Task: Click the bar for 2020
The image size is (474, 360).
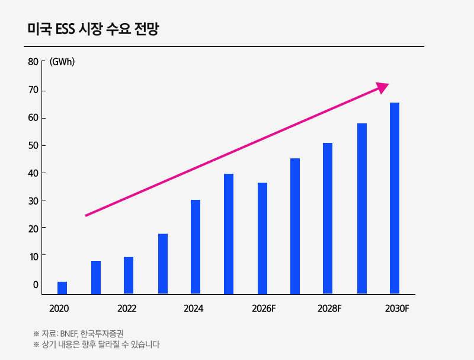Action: [x=62, y=288]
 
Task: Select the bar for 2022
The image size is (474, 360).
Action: [x=129, y=275]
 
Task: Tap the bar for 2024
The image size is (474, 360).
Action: [x=196, y=247]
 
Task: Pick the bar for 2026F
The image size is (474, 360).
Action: [x=262, y=238]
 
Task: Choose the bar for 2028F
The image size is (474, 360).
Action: [x=328, y=218]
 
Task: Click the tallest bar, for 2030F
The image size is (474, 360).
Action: [x=395, y=198]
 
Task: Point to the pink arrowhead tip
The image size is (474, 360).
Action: [x=387, y=85]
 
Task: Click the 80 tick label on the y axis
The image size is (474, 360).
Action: [x=33, y=62]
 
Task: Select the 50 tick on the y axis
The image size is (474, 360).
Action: [x=33, y=145]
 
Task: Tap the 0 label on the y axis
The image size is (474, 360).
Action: [x=36, y=285]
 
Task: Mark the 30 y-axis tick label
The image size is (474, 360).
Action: [x=33, y=201]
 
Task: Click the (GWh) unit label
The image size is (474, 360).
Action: [x=62, y=62]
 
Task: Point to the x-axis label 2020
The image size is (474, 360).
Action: [x=59, y=308]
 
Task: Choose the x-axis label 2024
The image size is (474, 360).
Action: [x=194, y=308]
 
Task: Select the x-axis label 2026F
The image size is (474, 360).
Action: [x=264, y=308]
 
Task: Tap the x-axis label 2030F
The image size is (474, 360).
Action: [x=397, y=308]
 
